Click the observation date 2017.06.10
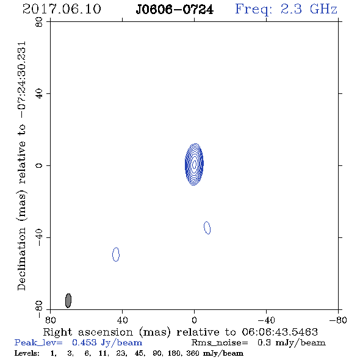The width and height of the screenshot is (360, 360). pos(62,9)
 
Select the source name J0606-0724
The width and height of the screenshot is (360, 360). pos(175,10)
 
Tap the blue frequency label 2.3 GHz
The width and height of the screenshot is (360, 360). pos(309,9)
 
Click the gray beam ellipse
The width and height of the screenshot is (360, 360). pos(68,301)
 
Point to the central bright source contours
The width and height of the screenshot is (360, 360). pos(194,164)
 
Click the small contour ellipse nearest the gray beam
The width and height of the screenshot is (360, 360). pos(116,254)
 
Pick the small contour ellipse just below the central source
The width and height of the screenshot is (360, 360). pos(207,228)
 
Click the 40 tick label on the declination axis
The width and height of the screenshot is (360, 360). pos(39,94)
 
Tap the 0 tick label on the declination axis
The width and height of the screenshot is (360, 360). pos(39,165)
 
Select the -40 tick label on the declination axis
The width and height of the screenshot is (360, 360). pos(39,237)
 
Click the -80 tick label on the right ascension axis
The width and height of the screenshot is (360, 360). pos(338,320)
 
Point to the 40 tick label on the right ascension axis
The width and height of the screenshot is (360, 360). pos(123,320)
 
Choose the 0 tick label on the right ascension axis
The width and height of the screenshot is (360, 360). pos(194,320)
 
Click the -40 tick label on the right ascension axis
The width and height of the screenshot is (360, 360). pos(266,320)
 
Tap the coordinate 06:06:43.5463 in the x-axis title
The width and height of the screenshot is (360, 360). pos(280,332)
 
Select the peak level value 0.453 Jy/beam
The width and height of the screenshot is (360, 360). pos(107,343)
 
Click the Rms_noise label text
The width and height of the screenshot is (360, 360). pos(220,343)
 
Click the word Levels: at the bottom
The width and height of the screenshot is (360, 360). pos(27,353)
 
